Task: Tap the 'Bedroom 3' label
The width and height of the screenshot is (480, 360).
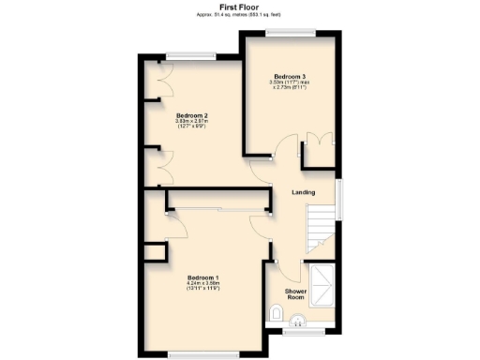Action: click(x=289, y=75)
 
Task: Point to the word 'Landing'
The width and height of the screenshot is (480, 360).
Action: click(x=303, y=193)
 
